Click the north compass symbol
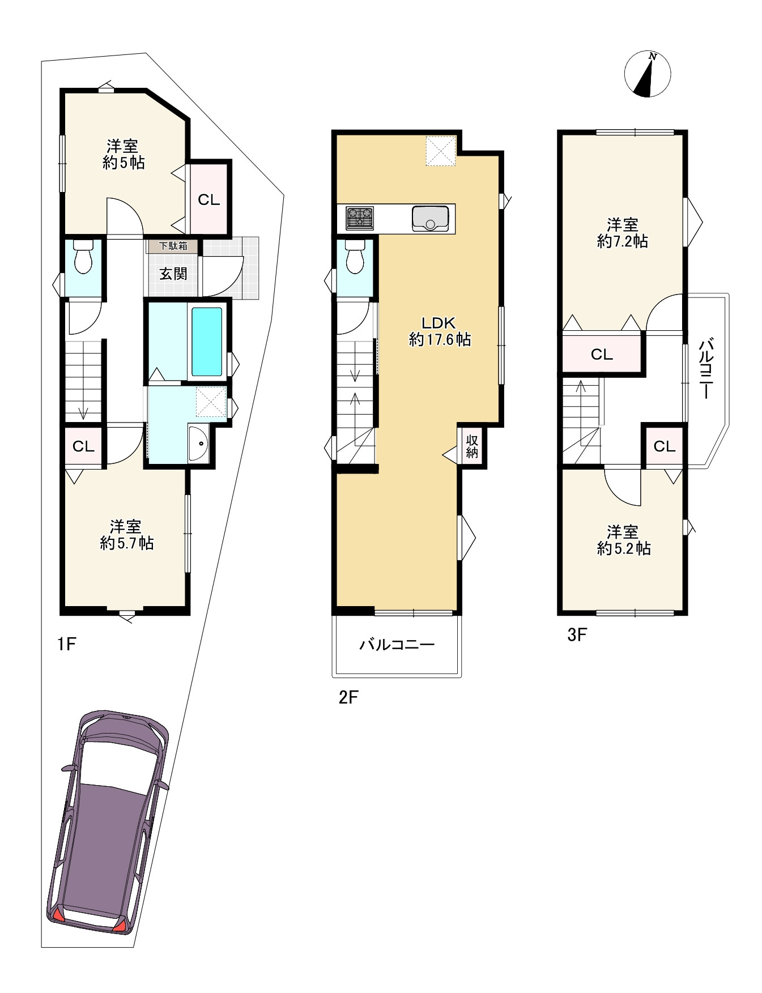coord(647,74)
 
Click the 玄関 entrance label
coord(173,274)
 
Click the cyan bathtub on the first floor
coord(207,342)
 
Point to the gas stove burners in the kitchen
coord(360,218)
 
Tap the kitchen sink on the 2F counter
coord(431,218)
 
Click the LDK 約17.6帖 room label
coord(439,331)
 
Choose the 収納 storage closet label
coord(472,446)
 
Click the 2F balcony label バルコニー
coord(397,645)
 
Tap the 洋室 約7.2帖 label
coord(622,233)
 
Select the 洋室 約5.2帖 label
coord(623,540)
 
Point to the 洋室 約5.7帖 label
coord(126,535)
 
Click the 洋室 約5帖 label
coord(123,155)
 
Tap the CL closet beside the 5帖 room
coord(208,200)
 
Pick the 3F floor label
coord(577,635)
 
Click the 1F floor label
coord(66,644)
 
